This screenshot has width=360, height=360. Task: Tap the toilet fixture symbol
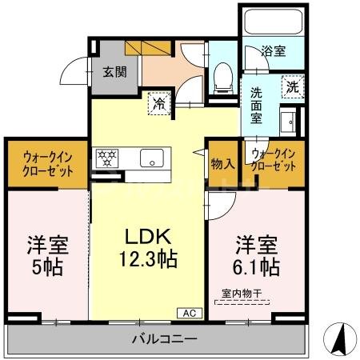223,78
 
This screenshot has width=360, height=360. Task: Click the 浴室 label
273,51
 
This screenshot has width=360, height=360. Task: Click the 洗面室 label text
257,103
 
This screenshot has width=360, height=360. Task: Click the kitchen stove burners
106,158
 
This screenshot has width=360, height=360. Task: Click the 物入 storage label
222,164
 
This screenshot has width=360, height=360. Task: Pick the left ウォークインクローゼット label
45,163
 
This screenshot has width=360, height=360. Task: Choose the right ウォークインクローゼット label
274,158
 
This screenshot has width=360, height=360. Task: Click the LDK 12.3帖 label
148,248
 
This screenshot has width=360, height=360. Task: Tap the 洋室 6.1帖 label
257,254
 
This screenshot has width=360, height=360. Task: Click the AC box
190,313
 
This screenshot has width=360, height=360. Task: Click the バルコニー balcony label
163,339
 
